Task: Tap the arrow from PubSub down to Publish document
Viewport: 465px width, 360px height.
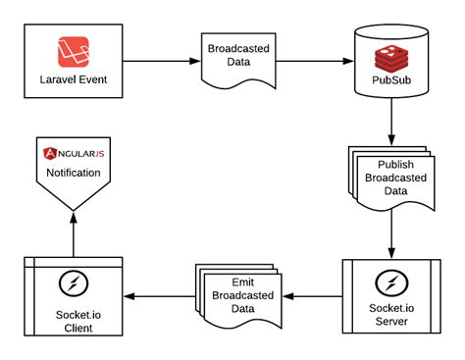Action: coord(391,121)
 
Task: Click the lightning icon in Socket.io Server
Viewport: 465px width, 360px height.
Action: coord(391,285)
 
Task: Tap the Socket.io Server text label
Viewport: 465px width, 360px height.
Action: coord(391,316)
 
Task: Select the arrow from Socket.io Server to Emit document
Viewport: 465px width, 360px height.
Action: coord(311,295)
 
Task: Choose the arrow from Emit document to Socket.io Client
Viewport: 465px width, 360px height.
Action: coord(157,295)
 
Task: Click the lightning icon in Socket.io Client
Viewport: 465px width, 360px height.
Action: coord(74,285)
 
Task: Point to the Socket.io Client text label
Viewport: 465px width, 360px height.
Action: coord(74,318)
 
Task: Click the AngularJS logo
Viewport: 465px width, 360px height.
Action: coord(74,154)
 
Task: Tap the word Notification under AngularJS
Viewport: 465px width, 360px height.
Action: coord(74,173)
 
